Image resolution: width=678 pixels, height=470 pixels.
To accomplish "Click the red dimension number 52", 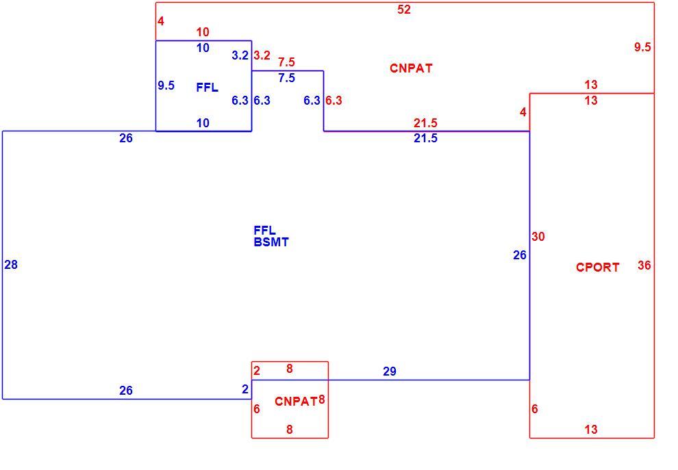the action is coord(404,10).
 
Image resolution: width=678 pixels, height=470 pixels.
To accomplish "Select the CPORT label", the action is coord(598,267).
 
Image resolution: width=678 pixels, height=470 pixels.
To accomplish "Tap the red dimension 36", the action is coord(644,265).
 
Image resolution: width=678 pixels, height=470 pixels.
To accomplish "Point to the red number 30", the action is coord(538,236).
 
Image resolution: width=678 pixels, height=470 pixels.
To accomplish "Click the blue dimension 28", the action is coord(11,264).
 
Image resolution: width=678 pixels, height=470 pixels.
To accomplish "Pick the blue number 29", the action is coord(390,371).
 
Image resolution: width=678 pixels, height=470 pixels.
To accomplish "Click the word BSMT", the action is coord(271,242).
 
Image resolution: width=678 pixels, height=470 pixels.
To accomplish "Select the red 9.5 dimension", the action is coord(642,47).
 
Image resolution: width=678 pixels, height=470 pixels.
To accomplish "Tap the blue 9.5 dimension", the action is coord(166,86).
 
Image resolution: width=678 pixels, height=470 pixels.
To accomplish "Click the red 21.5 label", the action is coord(425,123).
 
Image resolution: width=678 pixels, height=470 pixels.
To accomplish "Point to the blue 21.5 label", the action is coord(425,138).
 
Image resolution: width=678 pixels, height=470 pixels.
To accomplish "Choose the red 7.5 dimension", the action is coord(287,62).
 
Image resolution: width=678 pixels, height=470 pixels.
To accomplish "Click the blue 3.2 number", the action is coord(240,55).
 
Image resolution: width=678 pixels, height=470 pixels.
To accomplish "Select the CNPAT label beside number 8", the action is coord(296,402).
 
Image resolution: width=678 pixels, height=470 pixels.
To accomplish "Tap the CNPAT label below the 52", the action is coord(411,68).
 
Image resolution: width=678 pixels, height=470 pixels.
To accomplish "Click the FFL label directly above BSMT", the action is coord(264,231).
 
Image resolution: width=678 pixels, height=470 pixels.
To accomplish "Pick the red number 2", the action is coord(257,371).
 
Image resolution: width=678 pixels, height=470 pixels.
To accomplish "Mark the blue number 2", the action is coord(245,389).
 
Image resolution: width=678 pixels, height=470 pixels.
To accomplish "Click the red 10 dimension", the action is coord(203,32).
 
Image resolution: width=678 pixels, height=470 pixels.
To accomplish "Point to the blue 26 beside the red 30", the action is coord(520,255).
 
